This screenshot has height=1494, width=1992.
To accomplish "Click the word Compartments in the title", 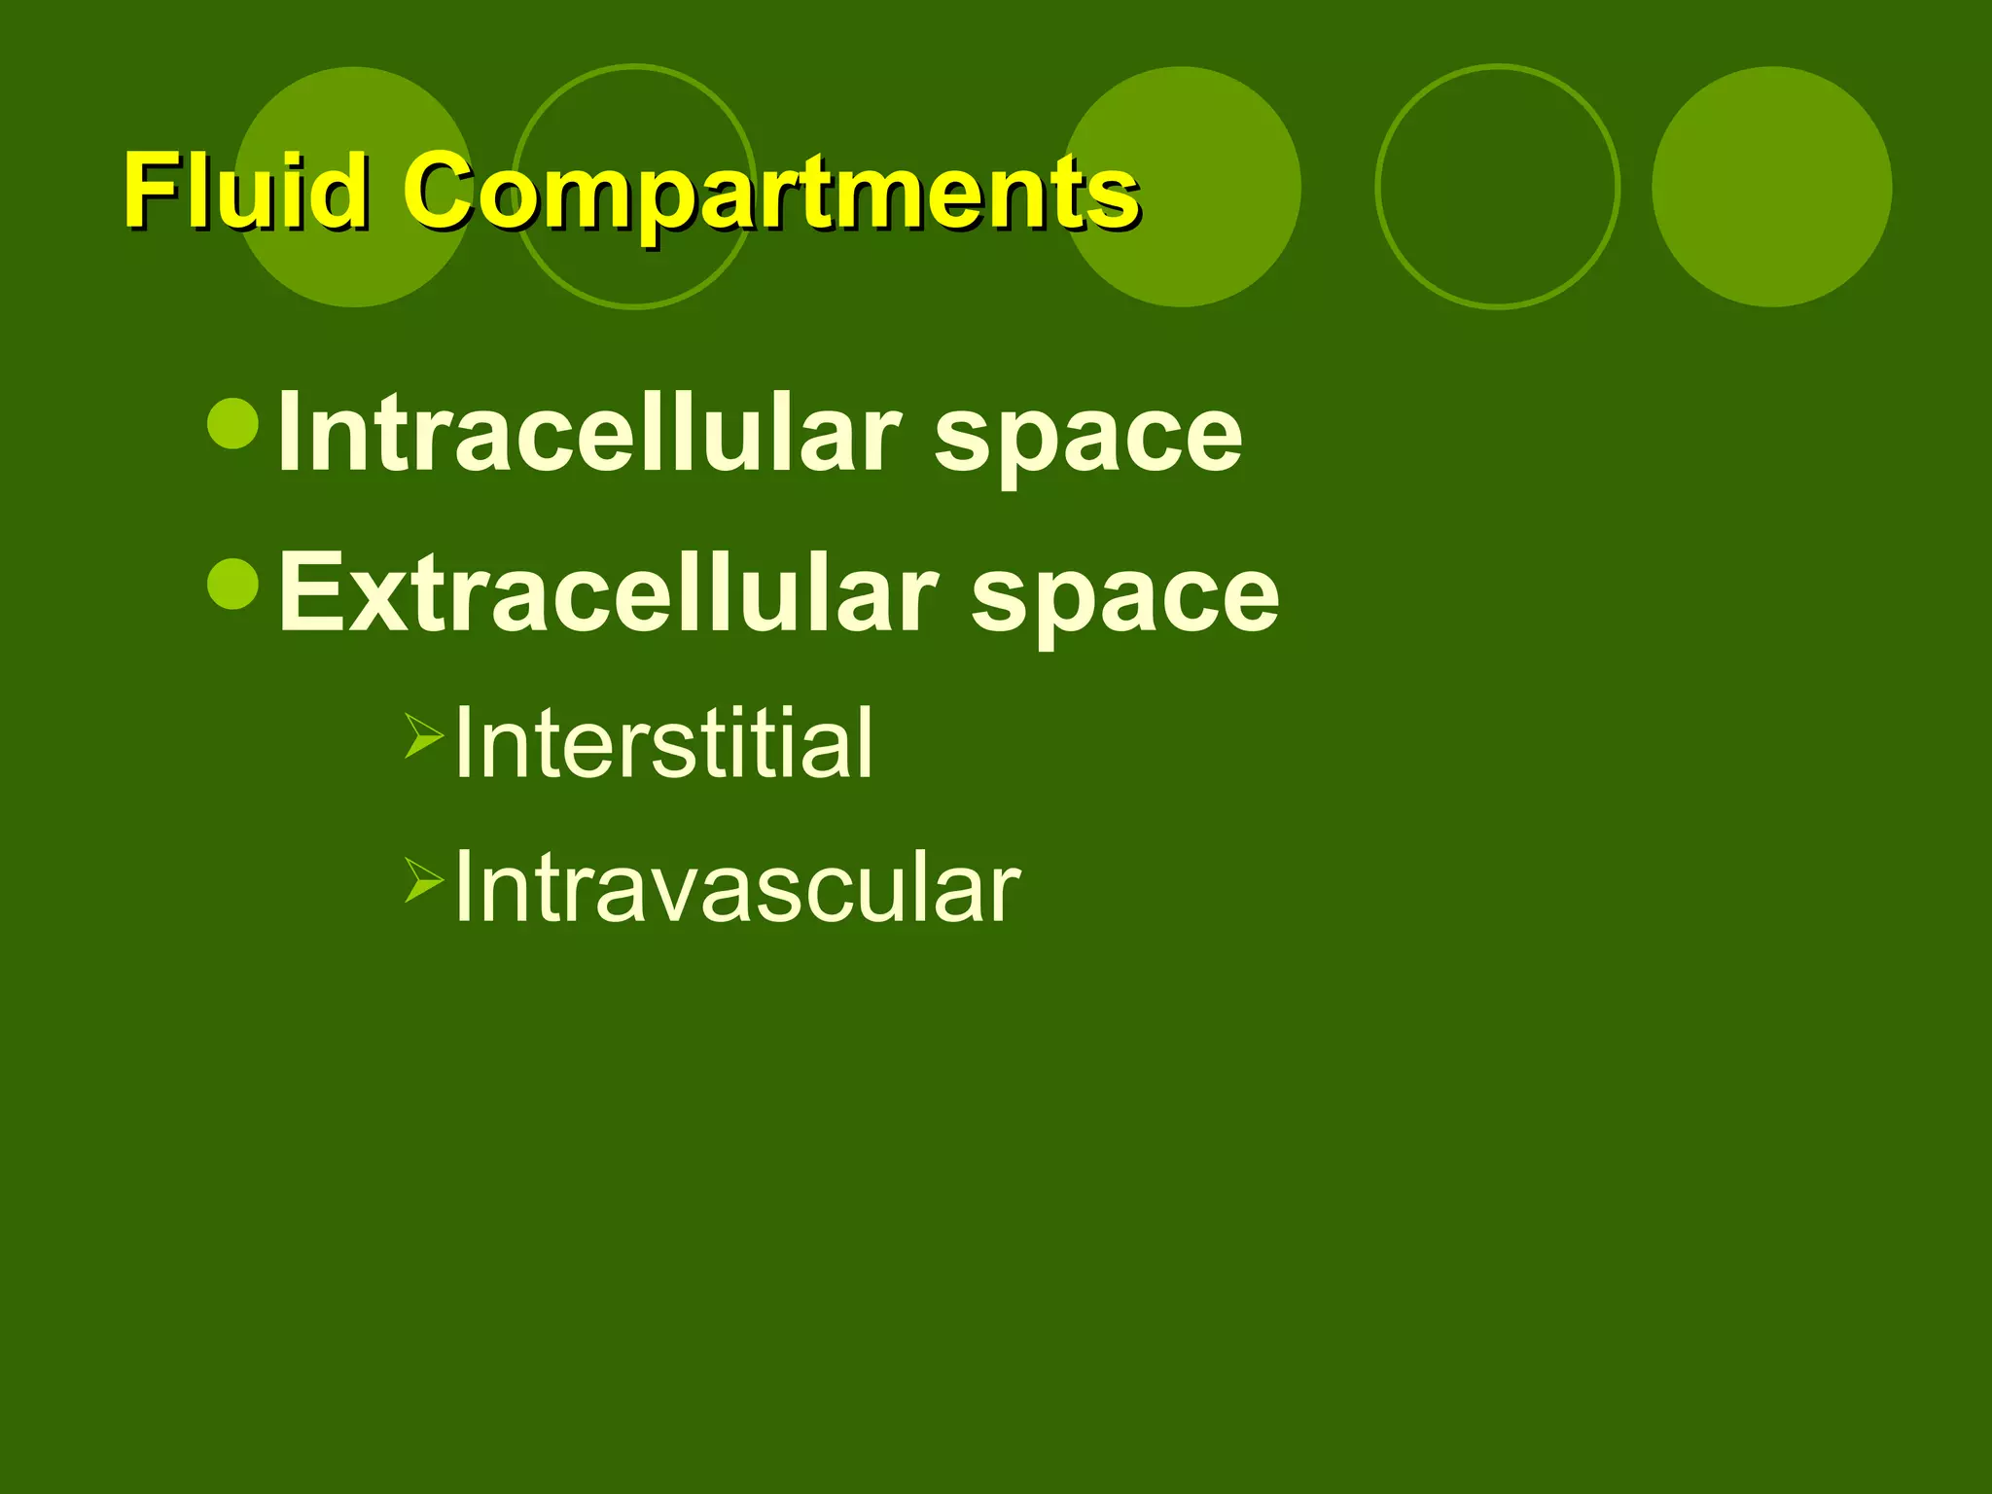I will tap(770, 193).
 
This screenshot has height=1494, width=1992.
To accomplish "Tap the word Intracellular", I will tap(589, 434).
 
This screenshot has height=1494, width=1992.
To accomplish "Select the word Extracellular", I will tap(608, 593).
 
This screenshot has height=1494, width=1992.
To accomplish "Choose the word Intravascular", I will tap(737, 887).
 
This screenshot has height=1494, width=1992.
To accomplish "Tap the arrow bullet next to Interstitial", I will tap(424, 735).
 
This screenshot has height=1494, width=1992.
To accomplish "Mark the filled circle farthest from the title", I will tap(1771, 187).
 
